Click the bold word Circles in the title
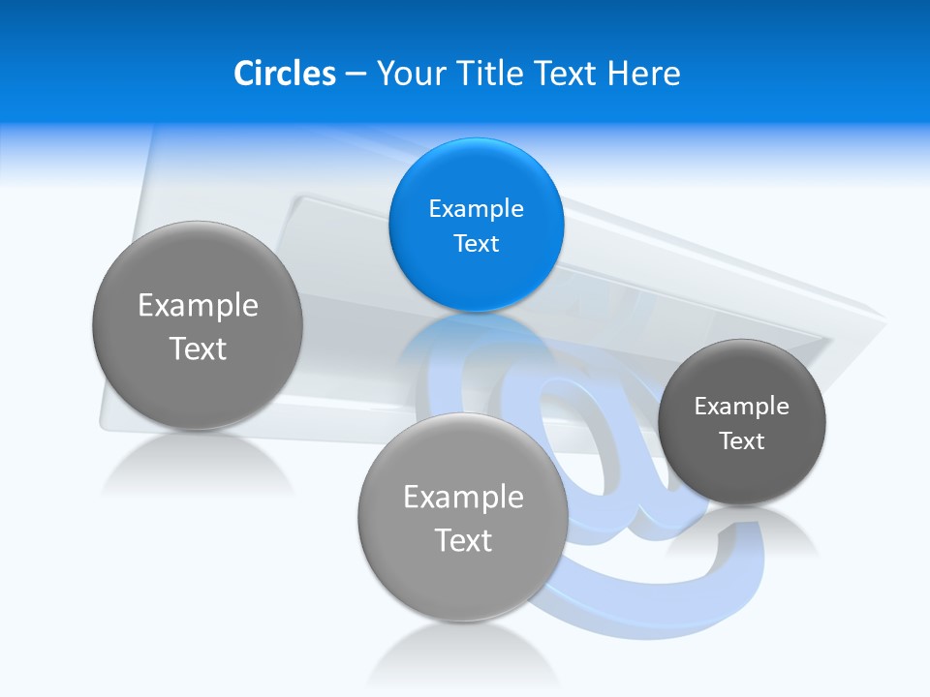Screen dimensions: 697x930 coord(285,74)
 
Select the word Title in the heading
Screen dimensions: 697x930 coord(494,74)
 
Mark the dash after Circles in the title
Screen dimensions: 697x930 coord(356,75)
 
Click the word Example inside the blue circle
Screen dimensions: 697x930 coord(476,208)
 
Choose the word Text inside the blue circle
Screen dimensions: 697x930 coord(476,243)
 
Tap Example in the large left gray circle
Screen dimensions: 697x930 coord(198,306)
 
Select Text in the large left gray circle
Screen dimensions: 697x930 coord(198,348)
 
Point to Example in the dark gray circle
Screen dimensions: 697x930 coord(742,407)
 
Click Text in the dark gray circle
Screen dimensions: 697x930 coord(742,441)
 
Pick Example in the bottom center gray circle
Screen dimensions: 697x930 coord(463,498)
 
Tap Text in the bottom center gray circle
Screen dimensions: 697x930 coord(463,540)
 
